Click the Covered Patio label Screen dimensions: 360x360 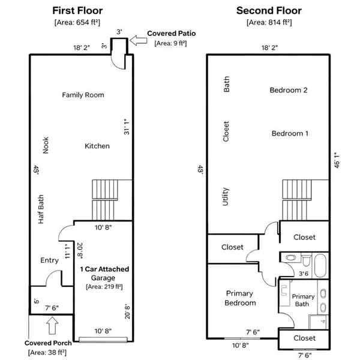pos(176,34)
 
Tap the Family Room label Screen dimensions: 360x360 pos(83,95)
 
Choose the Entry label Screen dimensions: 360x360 pos(49,260)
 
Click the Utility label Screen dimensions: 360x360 pos(226,196)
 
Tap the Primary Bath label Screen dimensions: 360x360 pos(302,301)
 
